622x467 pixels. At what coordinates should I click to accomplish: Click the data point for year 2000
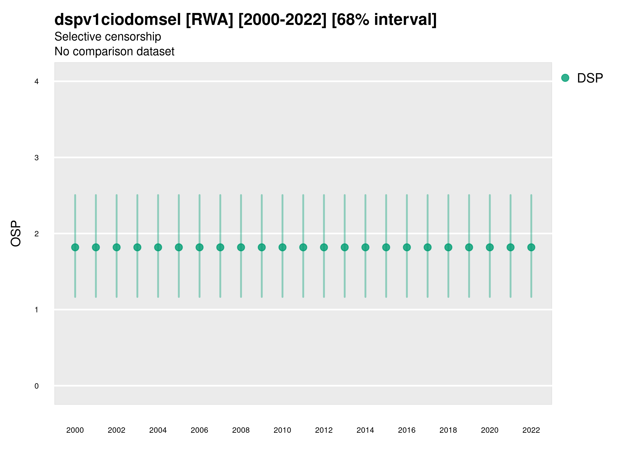tap(75, 248)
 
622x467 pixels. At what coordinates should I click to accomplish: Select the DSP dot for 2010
tap(282, 248)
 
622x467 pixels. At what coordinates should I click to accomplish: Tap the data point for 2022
tap(531, 248)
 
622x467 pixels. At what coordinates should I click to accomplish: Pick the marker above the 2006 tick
tap(199, 248)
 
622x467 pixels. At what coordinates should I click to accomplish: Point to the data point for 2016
tap(407, 248)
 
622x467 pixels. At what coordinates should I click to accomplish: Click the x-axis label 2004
tap(158, 430)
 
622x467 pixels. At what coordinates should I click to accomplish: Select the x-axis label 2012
tap(324, 430)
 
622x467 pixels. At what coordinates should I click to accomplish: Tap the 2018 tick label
tap(448, 430)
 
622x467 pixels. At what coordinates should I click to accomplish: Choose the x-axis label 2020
tap(490, 430)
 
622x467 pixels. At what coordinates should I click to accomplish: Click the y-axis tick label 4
tap(37, 82)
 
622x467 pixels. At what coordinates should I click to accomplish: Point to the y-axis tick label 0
tap(37, 386)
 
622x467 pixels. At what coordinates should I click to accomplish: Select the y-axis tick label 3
tap(37, 158)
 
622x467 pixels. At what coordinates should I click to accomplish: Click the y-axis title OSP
tap(16, 234)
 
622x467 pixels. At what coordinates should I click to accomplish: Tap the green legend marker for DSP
tap(565, 78)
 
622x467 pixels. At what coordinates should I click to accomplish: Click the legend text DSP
tap(590, 78)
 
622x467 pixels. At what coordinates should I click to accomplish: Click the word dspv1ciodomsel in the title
tap(118, 20)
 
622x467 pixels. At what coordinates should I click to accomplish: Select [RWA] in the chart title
tap(209, 20)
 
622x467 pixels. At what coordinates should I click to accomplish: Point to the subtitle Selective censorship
tap(108, 37)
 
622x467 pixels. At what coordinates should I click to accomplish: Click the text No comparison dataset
tap(115, 52)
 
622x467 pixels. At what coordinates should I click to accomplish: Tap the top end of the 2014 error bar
tap(365, 195)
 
